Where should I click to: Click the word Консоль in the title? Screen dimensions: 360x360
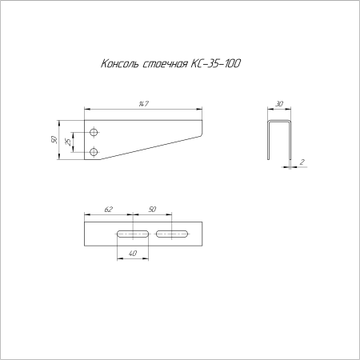coord(120,64)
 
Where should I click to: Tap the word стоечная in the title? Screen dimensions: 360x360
coord(166,64)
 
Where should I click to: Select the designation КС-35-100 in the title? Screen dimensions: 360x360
coord(216,63)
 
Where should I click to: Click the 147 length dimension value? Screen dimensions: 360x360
coord(144,104)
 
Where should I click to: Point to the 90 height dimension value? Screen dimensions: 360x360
coord(54,139)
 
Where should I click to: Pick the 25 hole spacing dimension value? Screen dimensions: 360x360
coord(69,142)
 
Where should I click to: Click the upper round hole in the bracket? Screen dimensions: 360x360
coord(94,132)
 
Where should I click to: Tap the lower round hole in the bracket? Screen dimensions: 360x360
coord(94,152)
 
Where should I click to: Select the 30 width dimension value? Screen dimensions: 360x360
coord(279,104)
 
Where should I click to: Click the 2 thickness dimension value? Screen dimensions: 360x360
coord(302,162)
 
